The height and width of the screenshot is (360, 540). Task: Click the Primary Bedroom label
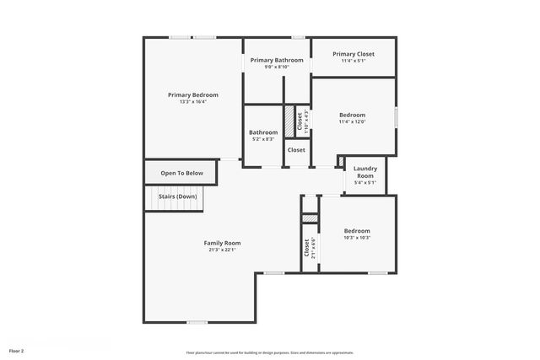click(192, 95)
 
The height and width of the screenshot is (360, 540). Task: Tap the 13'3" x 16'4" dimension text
click(192, 102)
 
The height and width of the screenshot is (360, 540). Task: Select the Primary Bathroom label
click(277, 61)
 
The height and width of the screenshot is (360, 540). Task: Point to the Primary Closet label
click(353, 54)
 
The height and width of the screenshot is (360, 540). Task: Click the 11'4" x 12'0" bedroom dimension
click(353, 122)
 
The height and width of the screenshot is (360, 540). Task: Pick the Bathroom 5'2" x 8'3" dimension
click(263, 139)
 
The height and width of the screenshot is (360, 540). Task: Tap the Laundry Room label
click(364, 172)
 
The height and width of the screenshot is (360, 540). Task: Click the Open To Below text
click(182, 174)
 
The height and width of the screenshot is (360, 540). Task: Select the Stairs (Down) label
click(178, 196)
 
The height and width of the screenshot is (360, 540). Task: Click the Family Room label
click(222, 243)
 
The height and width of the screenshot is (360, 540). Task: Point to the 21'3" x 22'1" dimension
click(222, 250)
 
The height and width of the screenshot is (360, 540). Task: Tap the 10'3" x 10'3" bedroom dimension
click(357, 238)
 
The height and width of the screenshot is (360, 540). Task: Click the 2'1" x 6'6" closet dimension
click(313, 249)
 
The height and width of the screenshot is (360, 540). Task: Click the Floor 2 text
click(17, 350)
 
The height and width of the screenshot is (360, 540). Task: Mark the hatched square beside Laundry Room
click(340, 161)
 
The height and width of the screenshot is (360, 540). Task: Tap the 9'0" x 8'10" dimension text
click(277, 67)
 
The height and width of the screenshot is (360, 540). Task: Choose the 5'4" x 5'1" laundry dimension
click(364, 182)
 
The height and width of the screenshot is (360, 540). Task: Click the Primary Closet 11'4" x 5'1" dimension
click(353, 61)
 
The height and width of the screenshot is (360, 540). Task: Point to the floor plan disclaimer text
click(270, 352)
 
